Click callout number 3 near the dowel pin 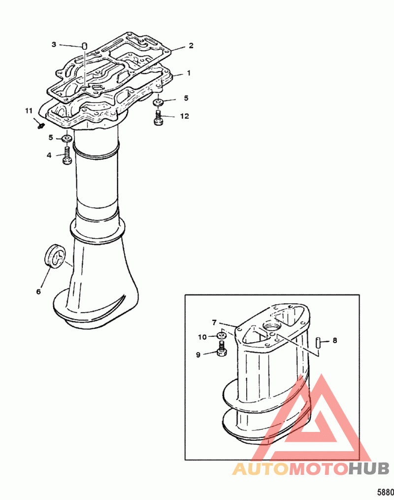(54, 44)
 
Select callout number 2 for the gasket (191, 45)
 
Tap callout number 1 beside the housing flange (189, 73)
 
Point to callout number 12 (184, 116)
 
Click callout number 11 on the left (29, 110)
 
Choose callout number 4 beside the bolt (49, 155)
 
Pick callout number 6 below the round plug (38, 291)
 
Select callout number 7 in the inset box (214, 322)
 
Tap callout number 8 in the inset (335, 340)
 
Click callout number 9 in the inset (198, 355)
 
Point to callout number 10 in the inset (202, 337)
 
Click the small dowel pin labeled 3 (85, 45)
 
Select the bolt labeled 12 (158, 118)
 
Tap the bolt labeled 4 (67, 155)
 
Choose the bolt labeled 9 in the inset (222, 349)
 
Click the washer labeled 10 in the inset (221, 335)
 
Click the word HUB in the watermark (368, 468)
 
